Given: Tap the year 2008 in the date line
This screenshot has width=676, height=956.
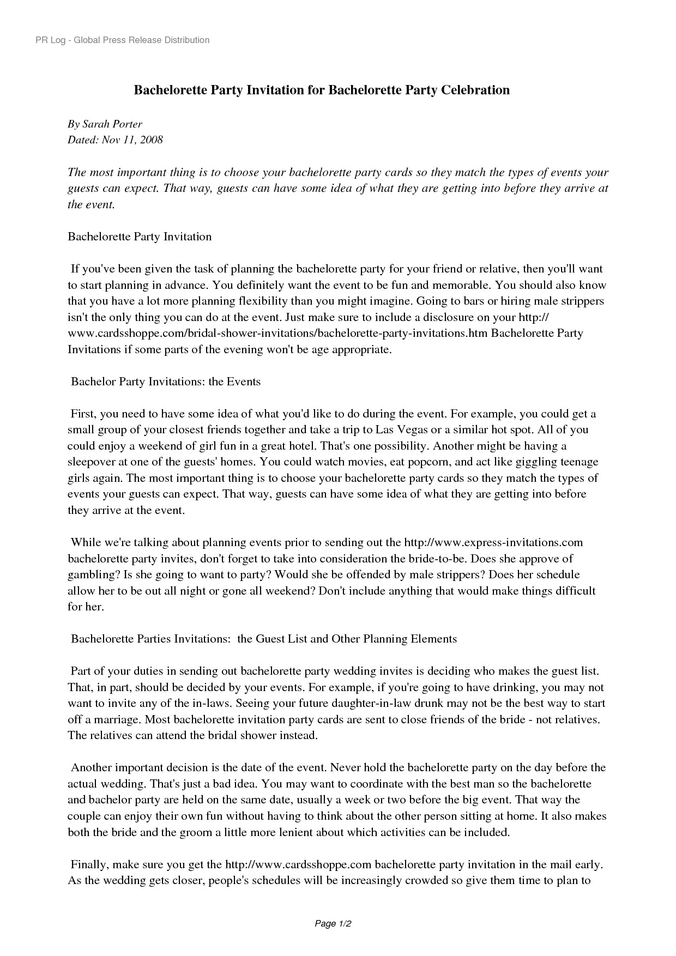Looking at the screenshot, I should pyautogui.click(x=151, y=140).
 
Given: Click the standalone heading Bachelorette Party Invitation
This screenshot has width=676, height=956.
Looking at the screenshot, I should pyautogui.click(x=140, y=237).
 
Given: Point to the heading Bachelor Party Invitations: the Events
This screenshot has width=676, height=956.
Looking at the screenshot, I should pyautogui.click(x=166, y=382).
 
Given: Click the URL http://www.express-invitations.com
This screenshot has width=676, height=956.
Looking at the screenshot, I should pyautogui.click(x=493, y=542).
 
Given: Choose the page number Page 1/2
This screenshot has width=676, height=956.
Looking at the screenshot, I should pyautogui.click(x=333, y=924).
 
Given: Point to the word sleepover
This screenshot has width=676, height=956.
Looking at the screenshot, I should pyautogui.click(x=92, y=462).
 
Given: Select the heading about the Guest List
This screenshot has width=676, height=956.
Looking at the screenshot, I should pyautogui.click(x=264, y=639).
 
